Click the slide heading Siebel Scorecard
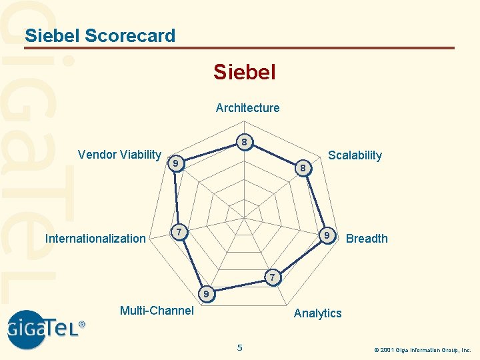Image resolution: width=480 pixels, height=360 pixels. point(100,35)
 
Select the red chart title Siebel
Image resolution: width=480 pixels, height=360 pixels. point(244,71)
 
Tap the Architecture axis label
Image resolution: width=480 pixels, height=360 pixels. point(247,107)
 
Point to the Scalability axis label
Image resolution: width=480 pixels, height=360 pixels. point(355,155)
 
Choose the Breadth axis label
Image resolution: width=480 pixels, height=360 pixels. point(367,239)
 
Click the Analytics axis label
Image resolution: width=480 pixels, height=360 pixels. point(317,313)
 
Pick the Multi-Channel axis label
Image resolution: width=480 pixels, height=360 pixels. point(157,310)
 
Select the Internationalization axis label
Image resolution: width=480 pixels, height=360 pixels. point(95,239)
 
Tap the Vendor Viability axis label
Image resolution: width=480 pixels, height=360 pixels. point(119,155)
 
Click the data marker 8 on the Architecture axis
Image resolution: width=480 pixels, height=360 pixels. point(245,143)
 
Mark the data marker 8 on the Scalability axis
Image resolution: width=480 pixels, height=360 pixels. point(303,168)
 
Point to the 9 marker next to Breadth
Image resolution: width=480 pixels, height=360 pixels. point(327,236)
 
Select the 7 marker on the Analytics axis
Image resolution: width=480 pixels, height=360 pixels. point(271,277)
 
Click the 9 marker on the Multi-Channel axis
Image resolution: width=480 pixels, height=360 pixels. point(207,293)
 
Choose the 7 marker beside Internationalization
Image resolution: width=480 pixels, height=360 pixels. point(177,232)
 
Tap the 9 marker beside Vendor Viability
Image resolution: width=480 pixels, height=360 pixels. point(174,163)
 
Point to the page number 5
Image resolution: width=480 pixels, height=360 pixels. point(240,347)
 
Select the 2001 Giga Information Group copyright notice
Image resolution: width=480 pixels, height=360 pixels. point(422,349)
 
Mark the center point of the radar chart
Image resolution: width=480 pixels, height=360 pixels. point(244,217)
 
